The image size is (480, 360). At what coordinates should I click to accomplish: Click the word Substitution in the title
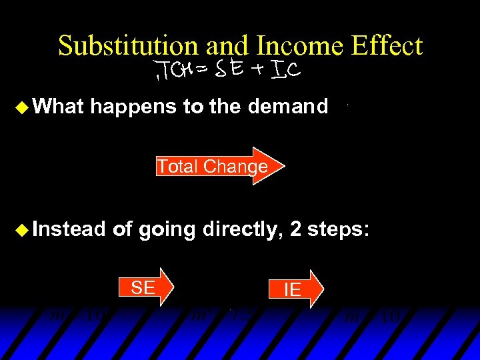click(x=128, y=46)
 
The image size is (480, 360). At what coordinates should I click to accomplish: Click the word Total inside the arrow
click(x=179, y=166)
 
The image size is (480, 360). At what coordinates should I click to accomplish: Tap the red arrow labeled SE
click(x=146, y=287)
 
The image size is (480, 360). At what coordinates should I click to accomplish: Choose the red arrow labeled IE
click(x=294, y=289)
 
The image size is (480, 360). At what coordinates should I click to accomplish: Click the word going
click(x=166, y=231)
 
